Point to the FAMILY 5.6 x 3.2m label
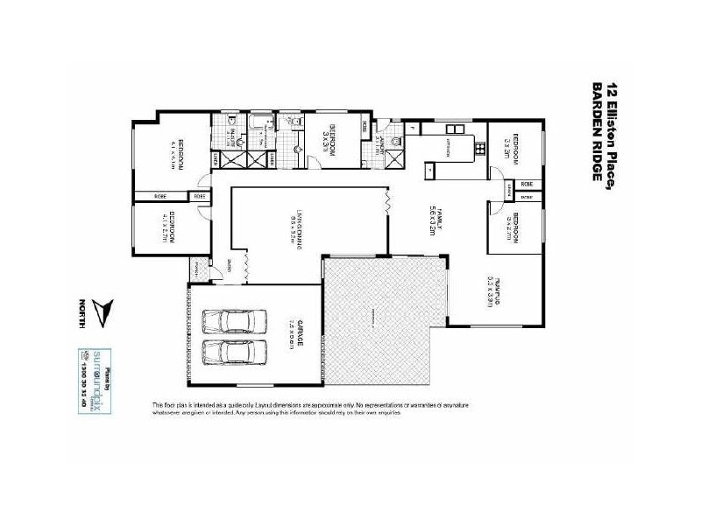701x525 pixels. tap(432, 218)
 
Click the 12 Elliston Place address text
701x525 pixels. tap(612, 131)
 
